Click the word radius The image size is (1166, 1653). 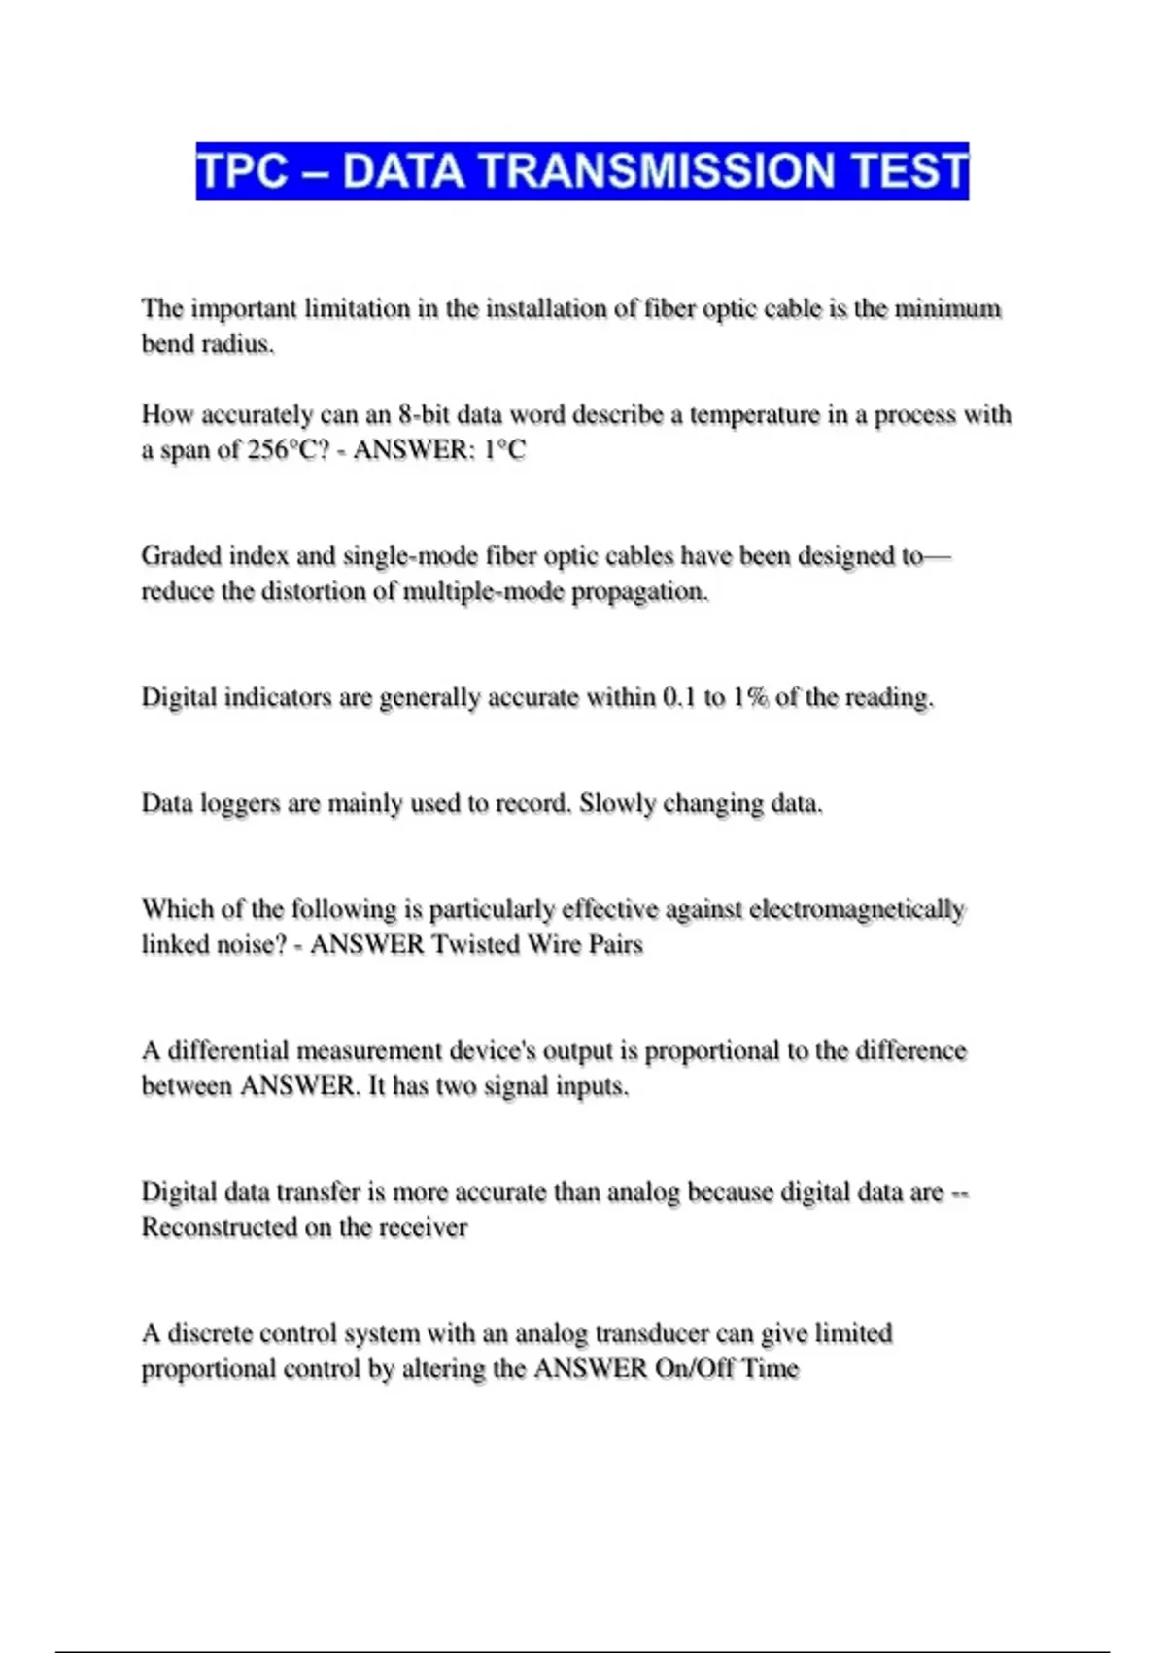tap(237, 344)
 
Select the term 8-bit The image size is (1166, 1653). tap(424, 414)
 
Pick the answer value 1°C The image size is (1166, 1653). tap(504, 449)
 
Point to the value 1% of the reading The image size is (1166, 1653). tap(749, 697)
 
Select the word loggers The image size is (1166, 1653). tap(240, 803)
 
